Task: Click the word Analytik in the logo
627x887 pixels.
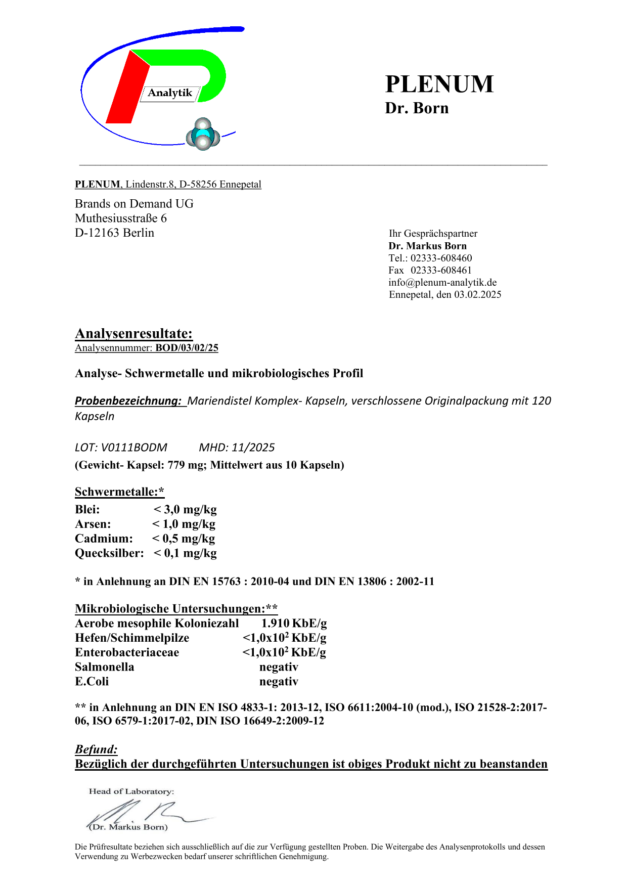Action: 170,93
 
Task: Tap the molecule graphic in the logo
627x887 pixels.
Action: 203,135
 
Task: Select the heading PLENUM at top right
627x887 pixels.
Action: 439,84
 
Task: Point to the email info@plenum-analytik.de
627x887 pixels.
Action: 442,283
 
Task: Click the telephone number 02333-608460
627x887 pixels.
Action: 441,258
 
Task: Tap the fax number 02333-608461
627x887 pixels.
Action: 441,271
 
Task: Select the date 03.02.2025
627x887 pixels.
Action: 477,295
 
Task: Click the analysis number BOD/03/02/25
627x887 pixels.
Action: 187,348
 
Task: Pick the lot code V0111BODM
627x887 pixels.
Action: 134,448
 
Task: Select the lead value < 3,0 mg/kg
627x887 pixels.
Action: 185,510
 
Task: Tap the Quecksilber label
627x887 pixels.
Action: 109,553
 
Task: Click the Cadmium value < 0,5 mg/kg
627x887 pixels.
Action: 184,539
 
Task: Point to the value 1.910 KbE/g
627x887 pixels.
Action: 294,624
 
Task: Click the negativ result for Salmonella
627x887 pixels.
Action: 279,667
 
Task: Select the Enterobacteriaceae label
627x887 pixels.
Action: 127,652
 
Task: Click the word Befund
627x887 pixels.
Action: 96,749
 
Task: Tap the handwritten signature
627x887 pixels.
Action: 147,813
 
